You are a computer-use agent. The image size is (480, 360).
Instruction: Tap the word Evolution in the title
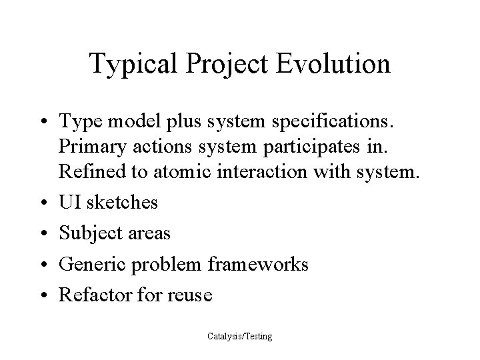pos(334,64)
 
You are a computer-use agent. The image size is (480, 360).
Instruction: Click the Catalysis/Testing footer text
pos(239,337)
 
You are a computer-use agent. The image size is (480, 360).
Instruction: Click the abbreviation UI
pos(69,202)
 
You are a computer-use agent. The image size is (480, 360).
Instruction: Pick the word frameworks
pos(259,265)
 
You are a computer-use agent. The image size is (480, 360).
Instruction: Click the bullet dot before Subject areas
pos(42,234)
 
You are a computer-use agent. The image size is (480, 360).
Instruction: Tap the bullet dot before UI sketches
pos(42,203)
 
